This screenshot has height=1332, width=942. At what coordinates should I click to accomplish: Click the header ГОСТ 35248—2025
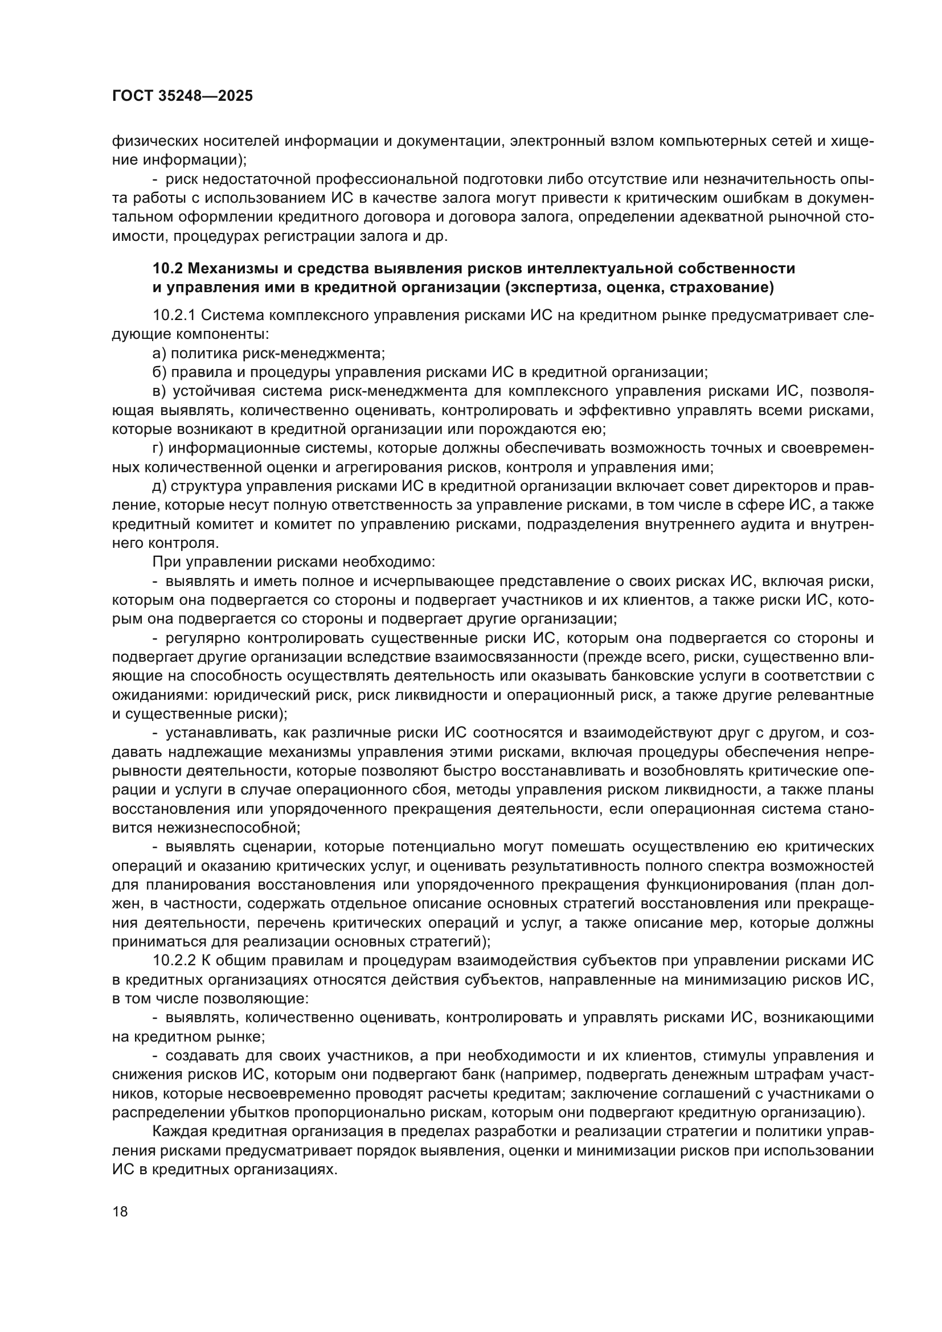pos(182,96)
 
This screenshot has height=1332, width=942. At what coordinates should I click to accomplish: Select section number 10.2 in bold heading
pos(168,269)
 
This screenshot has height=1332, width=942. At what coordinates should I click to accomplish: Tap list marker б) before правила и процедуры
pos(159,372)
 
